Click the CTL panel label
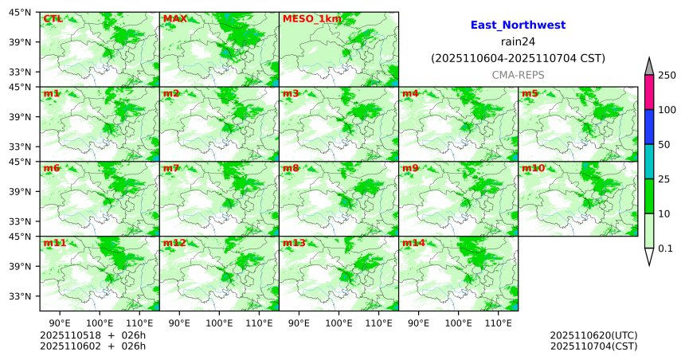[53, 18]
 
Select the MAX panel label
[174, 18]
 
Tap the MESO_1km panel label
[306, 18]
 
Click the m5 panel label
[530, 94]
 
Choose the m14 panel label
[413, 243]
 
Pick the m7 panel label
[171, 168]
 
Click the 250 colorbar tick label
[667, 76]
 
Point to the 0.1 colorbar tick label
[666, 248]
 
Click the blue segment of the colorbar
[648, 127]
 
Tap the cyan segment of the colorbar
[648, 162]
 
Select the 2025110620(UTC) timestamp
[593, 335]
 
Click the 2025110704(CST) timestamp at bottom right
[593, 346]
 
